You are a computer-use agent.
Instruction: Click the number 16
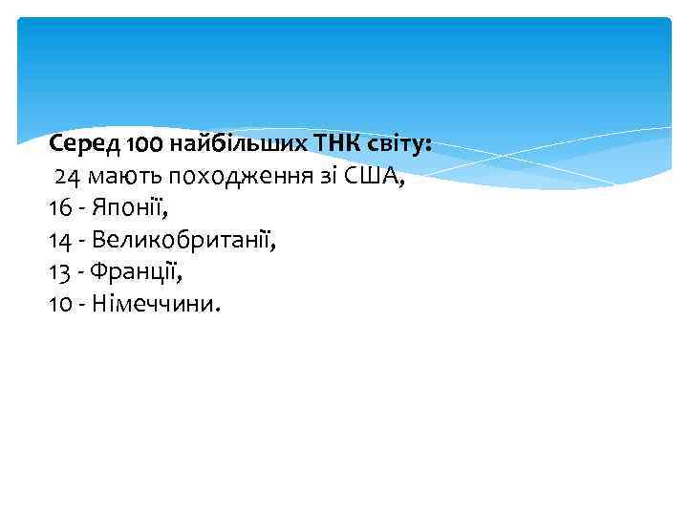pos(59,208)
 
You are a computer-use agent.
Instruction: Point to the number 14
pos(59,241)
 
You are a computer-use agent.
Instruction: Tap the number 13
pos(59,272)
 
